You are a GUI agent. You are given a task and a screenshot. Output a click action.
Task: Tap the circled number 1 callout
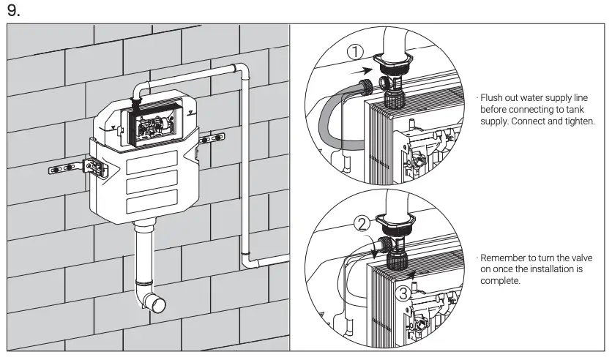click(x=354, y=52)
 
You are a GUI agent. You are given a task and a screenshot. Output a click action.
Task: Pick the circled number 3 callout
click(x=403, y=294)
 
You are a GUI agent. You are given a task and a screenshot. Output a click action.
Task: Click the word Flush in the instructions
click(x=492, y=97)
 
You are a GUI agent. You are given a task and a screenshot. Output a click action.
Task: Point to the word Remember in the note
click(x=506, y=260)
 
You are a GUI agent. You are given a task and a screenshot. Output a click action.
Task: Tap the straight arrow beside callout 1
click(x=357, y=72)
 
